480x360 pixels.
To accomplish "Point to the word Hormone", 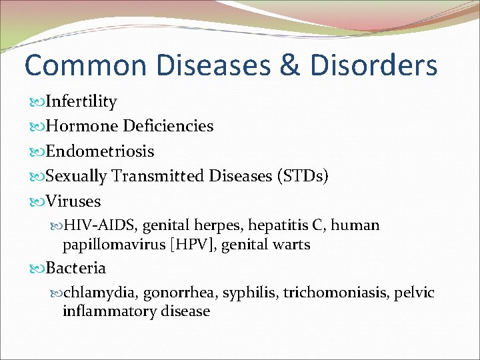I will coord(77,127).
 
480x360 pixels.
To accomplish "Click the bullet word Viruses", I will coord(73,201).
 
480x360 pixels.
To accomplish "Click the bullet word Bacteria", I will coord(75,268).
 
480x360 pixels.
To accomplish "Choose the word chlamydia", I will coord(95,293).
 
